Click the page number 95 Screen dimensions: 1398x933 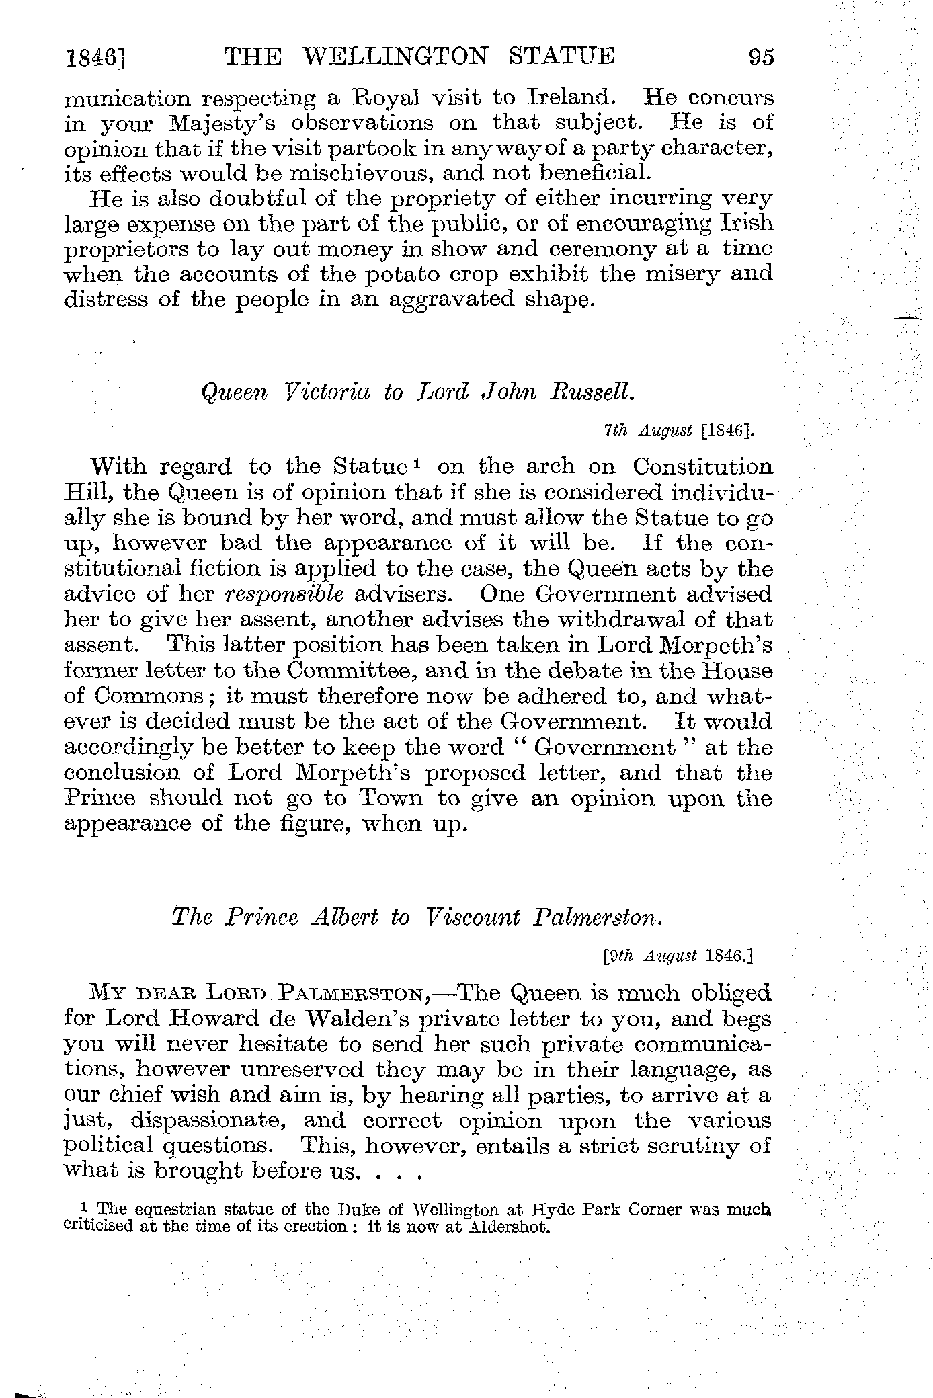click(x=762, y=56)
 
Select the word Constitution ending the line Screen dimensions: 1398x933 click(x=703, y=466)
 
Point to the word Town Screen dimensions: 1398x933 click(x=391, y=798)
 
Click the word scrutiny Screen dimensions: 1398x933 click(x=696, y=1146)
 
